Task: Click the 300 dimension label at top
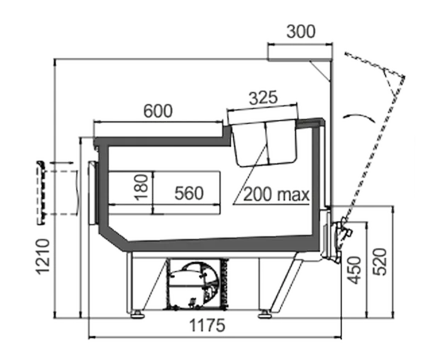301,31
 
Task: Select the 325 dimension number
263,98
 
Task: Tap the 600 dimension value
158,111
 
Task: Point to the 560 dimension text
189,193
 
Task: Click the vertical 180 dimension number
142,187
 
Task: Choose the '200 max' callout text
276,194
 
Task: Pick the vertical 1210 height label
43,257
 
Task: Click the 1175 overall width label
207,325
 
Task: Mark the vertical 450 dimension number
355,270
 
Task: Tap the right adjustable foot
264,315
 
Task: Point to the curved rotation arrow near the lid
359,117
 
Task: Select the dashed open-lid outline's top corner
404,77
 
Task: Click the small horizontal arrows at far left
62,163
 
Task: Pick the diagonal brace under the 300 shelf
320,71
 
